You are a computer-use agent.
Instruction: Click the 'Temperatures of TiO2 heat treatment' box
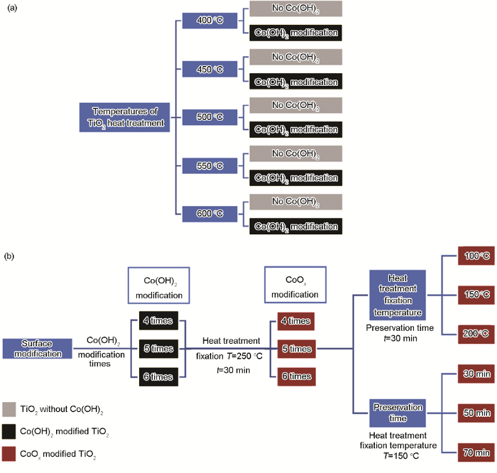click(x=124, y=117)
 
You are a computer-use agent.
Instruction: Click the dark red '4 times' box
click(x=295, y=321)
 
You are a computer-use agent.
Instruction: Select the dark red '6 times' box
click(x=295, y=375)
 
